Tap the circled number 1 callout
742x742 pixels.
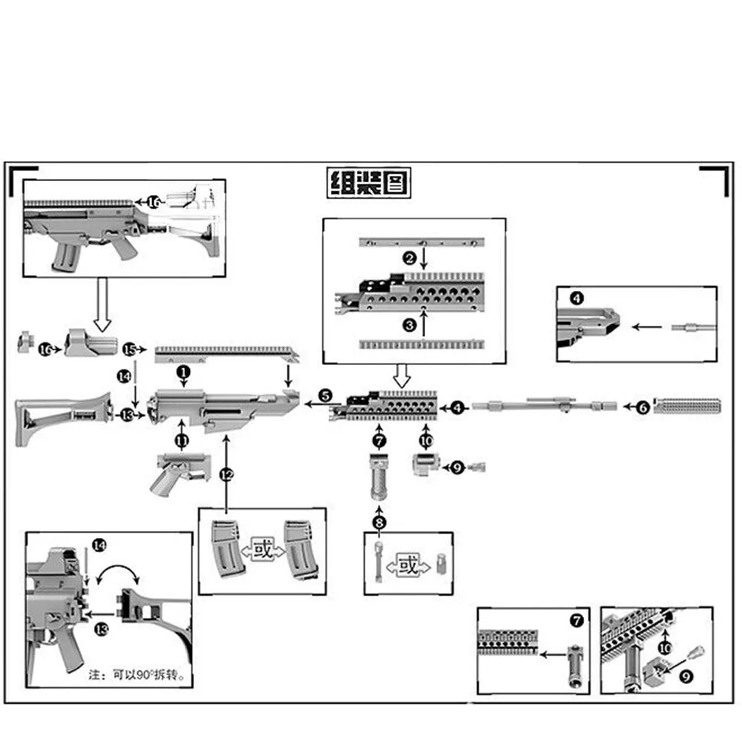coord(183,368)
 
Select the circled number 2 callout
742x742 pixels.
coord(409,258)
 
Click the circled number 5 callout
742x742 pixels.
coord(325,395)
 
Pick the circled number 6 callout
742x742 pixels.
coord(643,407)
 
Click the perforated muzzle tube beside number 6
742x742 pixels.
coord(688,407)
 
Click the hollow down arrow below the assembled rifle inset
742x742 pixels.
coord(102,304)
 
